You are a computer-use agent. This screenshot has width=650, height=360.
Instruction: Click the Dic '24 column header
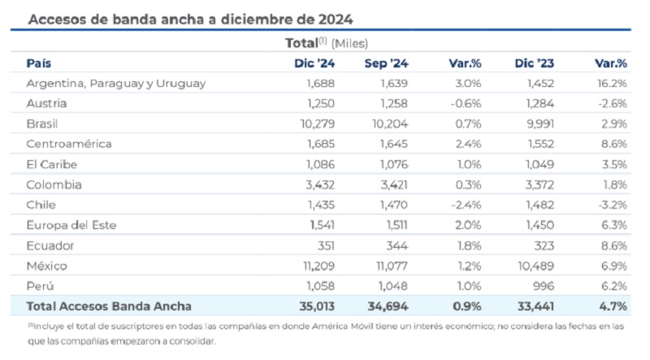click(x=314, y=63)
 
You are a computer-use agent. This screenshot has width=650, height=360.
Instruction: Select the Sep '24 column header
click(x=386, y=63)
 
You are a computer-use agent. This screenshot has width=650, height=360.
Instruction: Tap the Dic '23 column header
click(x=534, y=63)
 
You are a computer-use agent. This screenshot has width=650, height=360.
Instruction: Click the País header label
click(x=38, y=63)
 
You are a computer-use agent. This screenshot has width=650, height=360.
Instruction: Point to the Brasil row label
click(x=42, y=124)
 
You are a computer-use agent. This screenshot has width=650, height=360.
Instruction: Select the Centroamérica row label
click(x=69, y=144)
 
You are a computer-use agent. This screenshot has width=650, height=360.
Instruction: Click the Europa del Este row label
click(x=71, y=225)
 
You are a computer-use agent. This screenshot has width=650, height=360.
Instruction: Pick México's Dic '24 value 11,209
click(x=318, y=266)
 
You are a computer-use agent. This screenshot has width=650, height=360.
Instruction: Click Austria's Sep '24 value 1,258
click(x=394, y=103)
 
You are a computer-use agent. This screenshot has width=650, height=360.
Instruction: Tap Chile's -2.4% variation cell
click(x=466, y=205)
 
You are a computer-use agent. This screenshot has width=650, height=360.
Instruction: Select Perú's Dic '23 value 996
click(x=543, y=286)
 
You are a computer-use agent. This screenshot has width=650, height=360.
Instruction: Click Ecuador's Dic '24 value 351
click(x=326, y=245)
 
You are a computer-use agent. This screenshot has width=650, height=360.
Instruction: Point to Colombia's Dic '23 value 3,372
click(x=539, y=184)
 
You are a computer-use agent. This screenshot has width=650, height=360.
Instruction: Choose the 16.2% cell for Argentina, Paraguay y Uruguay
click(x=612, y=84)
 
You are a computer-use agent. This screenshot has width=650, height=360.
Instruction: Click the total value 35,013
click(x=317, y=306)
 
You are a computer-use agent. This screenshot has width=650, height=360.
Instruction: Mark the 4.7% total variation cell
click(x=613, y=306)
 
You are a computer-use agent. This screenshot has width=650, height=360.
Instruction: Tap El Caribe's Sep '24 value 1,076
click(x=394, y=164)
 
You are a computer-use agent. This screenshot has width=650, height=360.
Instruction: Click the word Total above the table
click(x=301, y=43)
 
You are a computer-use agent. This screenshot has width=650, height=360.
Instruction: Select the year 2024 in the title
click(x=336, y=20)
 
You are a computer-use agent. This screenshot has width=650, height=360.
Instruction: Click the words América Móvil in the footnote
click(x=337, y=327)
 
